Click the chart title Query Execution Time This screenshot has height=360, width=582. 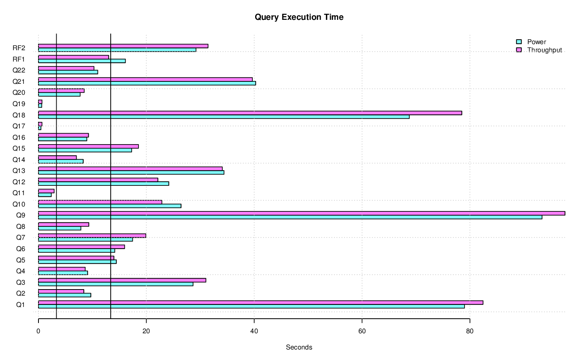tap(299, 17)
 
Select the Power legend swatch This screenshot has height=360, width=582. tap(518, 42)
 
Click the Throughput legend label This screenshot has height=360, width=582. tap(544, 50)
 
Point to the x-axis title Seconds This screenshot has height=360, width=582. tap(299, 347)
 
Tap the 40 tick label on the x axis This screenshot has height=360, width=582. tap(254, 331)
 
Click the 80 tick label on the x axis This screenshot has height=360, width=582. tap(469, 331)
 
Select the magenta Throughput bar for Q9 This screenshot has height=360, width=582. tap(301, 213)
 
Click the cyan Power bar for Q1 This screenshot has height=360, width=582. tap(251, 307)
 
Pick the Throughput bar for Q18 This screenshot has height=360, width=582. tap(250, 113)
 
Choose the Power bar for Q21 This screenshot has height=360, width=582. tap(147, 83)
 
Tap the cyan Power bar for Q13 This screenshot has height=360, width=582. tap(131, 173)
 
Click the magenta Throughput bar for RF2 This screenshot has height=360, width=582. tap(123, 46)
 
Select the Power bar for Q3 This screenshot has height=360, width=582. tap(115, 284)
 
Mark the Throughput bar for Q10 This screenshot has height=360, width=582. tap(100, 202)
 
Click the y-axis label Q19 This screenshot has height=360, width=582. tap(19, 104)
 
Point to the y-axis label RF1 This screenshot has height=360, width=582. tap(19, 59)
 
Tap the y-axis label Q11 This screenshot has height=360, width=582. tap(19, 193)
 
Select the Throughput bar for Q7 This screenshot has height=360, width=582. tap(92, 236)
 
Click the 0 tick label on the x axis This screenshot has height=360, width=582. tap(38, 331)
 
